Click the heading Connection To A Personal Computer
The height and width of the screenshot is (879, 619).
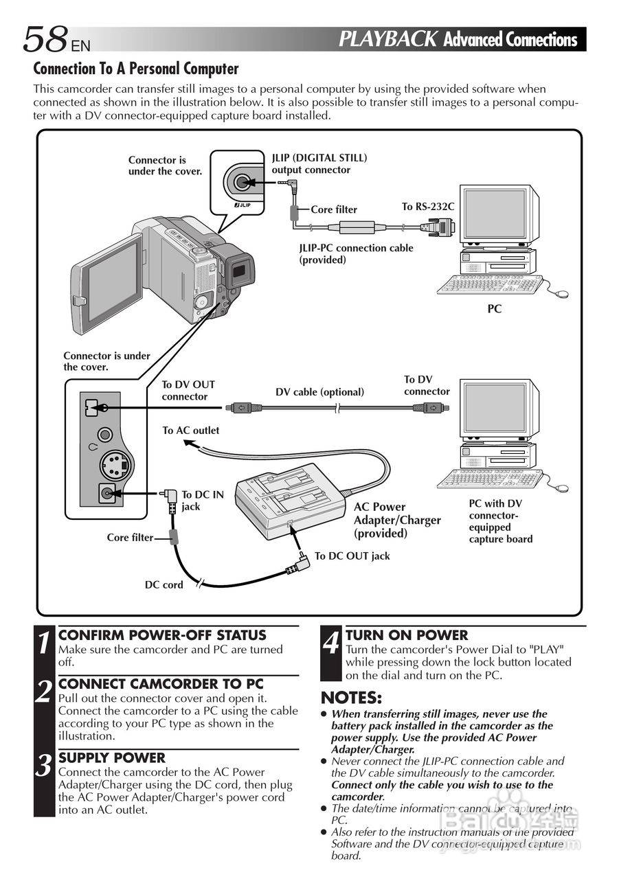point(136,69)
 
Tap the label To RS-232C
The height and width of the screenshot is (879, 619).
point(428,207)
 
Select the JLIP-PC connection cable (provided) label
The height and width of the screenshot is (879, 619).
point(356,253)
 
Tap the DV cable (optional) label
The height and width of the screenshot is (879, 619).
point(319,392)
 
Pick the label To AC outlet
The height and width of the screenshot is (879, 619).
point(191,431)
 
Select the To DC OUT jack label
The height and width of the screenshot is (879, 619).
point(352,556)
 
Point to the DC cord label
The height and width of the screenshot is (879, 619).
point(164,585)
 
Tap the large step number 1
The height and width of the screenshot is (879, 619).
point(44,643)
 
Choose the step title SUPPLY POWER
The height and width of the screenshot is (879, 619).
point(112,758)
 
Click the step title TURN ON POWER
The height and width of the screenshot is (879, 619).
point(407,635)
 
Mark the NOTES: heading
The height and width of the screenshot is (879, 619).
point(351,698)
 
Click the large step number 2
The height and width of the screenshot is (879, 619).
point(44,692)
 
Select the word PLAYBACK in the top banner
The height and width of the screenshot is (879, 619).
point(388,39)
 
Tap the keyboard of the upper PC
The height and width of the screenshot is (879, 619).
point(489,284)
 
